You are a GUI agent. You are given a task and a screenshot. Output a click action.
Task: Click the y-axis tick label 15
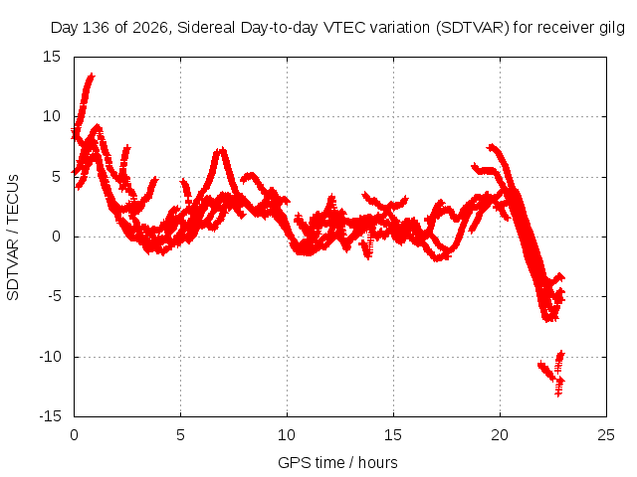52,57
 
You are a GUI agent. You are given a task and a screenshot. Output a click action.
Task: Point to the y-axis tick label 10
52,117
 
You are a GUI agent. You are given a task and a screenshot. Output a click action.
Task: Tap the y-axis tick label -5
55,296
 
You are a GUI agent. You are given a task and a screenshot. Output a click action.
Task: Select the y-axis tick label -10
51,357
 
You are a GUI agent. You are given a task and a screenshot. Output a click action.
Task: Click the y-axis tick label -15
51,416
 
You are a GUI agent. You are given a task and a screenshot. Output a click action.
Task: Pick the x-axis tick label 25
606,435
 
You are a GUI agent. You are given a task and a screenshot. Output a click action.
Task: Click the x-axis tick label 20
500,435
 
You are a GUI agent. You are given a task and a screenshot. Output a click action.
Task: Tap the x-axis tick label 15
393,435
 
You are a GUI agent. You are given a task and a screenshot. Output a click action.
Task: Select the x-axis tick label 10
287,435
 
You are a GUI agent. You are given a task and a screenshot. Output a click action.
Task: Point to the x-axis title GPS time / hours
337,462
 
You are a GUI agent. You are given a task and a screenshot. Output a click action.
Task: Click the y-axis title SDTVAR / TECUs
13,238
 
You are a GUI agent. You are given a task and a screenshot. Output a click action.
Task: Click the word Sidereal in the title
206,28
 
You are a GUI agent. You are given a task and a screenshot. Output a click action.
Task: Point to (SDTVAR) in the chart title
472,28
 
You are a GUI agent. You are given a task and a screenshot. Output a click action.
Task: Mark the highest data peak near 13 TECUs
91,76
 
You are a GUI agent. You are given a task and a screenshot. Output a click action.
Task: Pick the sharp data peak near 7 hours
221,150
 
